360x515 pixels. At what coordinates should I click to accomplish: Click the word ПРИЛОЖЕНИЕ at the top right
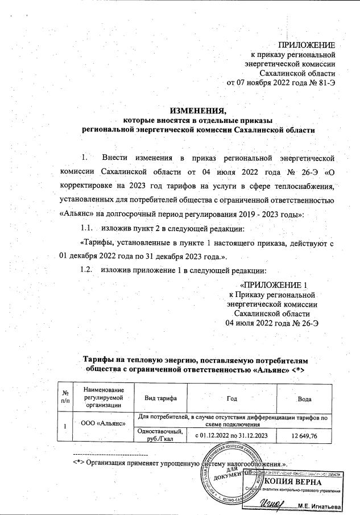tap(306, 45)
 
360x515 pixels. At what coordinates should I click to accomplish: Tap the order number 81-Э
tap(325, 83)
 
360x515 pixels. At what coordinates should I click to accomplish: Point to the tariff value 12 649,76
tap(305, 435)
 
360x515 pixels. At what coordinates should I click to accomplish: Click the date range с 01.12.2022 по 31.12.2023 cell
tap(232, 435)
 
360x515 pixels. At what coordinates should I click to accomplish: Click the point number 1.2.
tap(88, 270)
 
